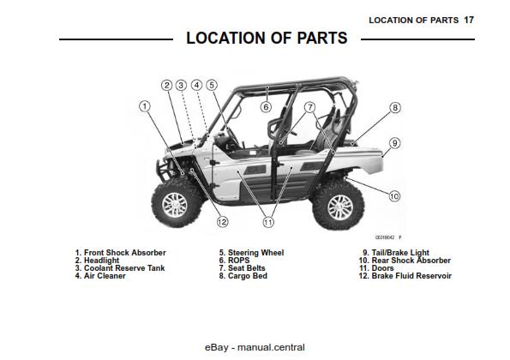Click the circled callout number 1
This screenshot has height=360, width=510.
click(x=145, y=105)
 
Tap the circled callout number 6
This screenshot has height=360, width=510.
click(x=266, y=107)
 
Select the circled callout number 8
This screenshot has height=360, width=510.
click(x=394, y=108)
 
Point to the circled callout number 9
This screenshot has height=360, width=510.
click(x=394, y=143)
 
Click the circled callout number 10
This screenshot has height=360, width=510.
click(x=393, y=196)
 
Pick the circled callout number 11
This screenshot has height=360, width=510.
click(x=267, y=222)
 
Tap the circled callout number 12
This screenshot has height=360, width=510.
click(x=222, y=222)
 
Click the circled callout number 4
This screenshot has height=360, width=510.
click(x=196, y=85)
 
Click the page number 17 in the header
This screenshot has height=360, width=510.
click(x=468, y=19)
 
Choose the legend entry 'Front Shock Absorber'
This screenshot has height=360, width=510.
click(x=120, y=253)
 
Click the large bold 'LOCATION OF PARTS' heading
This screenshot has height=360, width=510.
click(x=267, y=39)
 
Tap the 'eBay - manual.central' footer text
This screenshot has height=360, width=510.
click(x=255, y=347)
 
